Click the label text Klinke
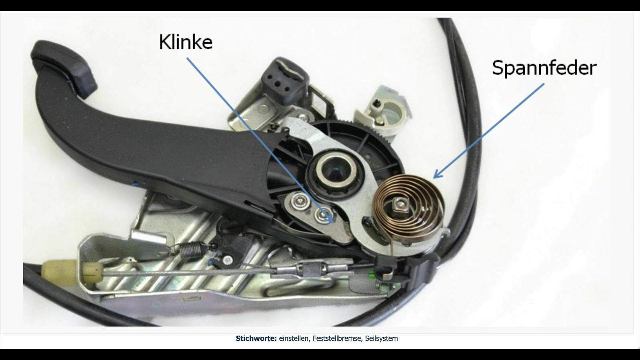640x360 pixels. point(186,42)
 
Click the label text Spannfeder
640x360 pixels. point(544,68)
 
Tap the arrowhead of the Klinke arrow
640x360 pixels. point(330,218)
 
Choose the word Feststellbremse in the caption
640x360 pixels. point(337,338)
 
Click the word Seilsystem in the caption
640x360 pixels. point(382,338)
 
